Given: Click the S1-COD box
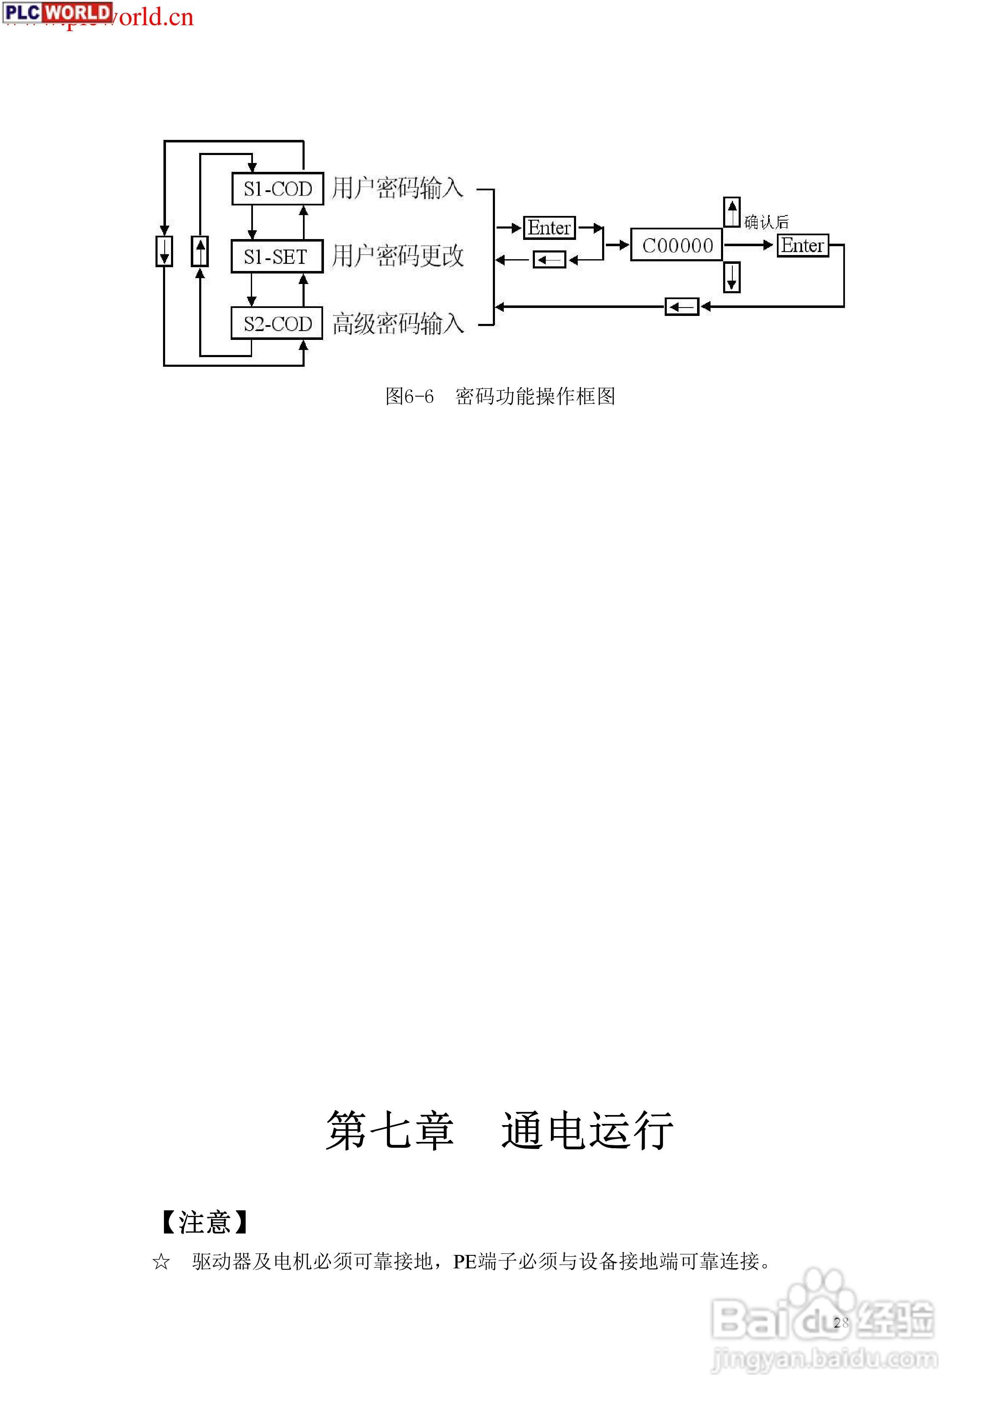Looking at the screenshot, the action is (x=277, y=189).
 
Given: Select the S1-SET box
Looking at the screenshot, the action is (x=277, y=256).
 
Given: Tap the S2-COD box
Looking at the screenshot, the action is (x=277, y=324).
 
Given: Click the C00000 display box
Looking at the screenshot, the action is (x=677, y=245).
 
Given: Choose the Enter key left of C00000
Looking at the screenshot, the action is (x=549, y=228).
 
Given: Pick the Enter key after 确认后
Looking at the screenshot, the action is (x=802, y=245).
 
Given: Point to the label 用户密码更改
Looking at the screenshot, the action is (x=397, y=256).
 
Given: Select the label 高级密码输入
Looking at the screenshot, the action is (x=397, y=324).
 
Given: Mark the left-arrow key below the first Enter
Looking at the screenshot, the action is (x=549, y=260).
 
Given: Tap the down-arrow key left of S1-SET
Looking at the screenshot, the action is (x=164, y=251).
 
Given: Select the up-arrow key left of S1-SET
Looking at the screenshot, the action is (x=200, y=251).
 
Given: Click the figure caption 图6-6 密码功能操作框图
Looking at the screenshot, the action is (x=500, y=396).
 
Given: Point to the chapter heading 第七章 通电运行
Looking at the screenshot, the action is (x=500, y=1131).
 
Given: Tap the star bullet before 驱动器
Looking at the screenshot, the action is (x=161, y=1262).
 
